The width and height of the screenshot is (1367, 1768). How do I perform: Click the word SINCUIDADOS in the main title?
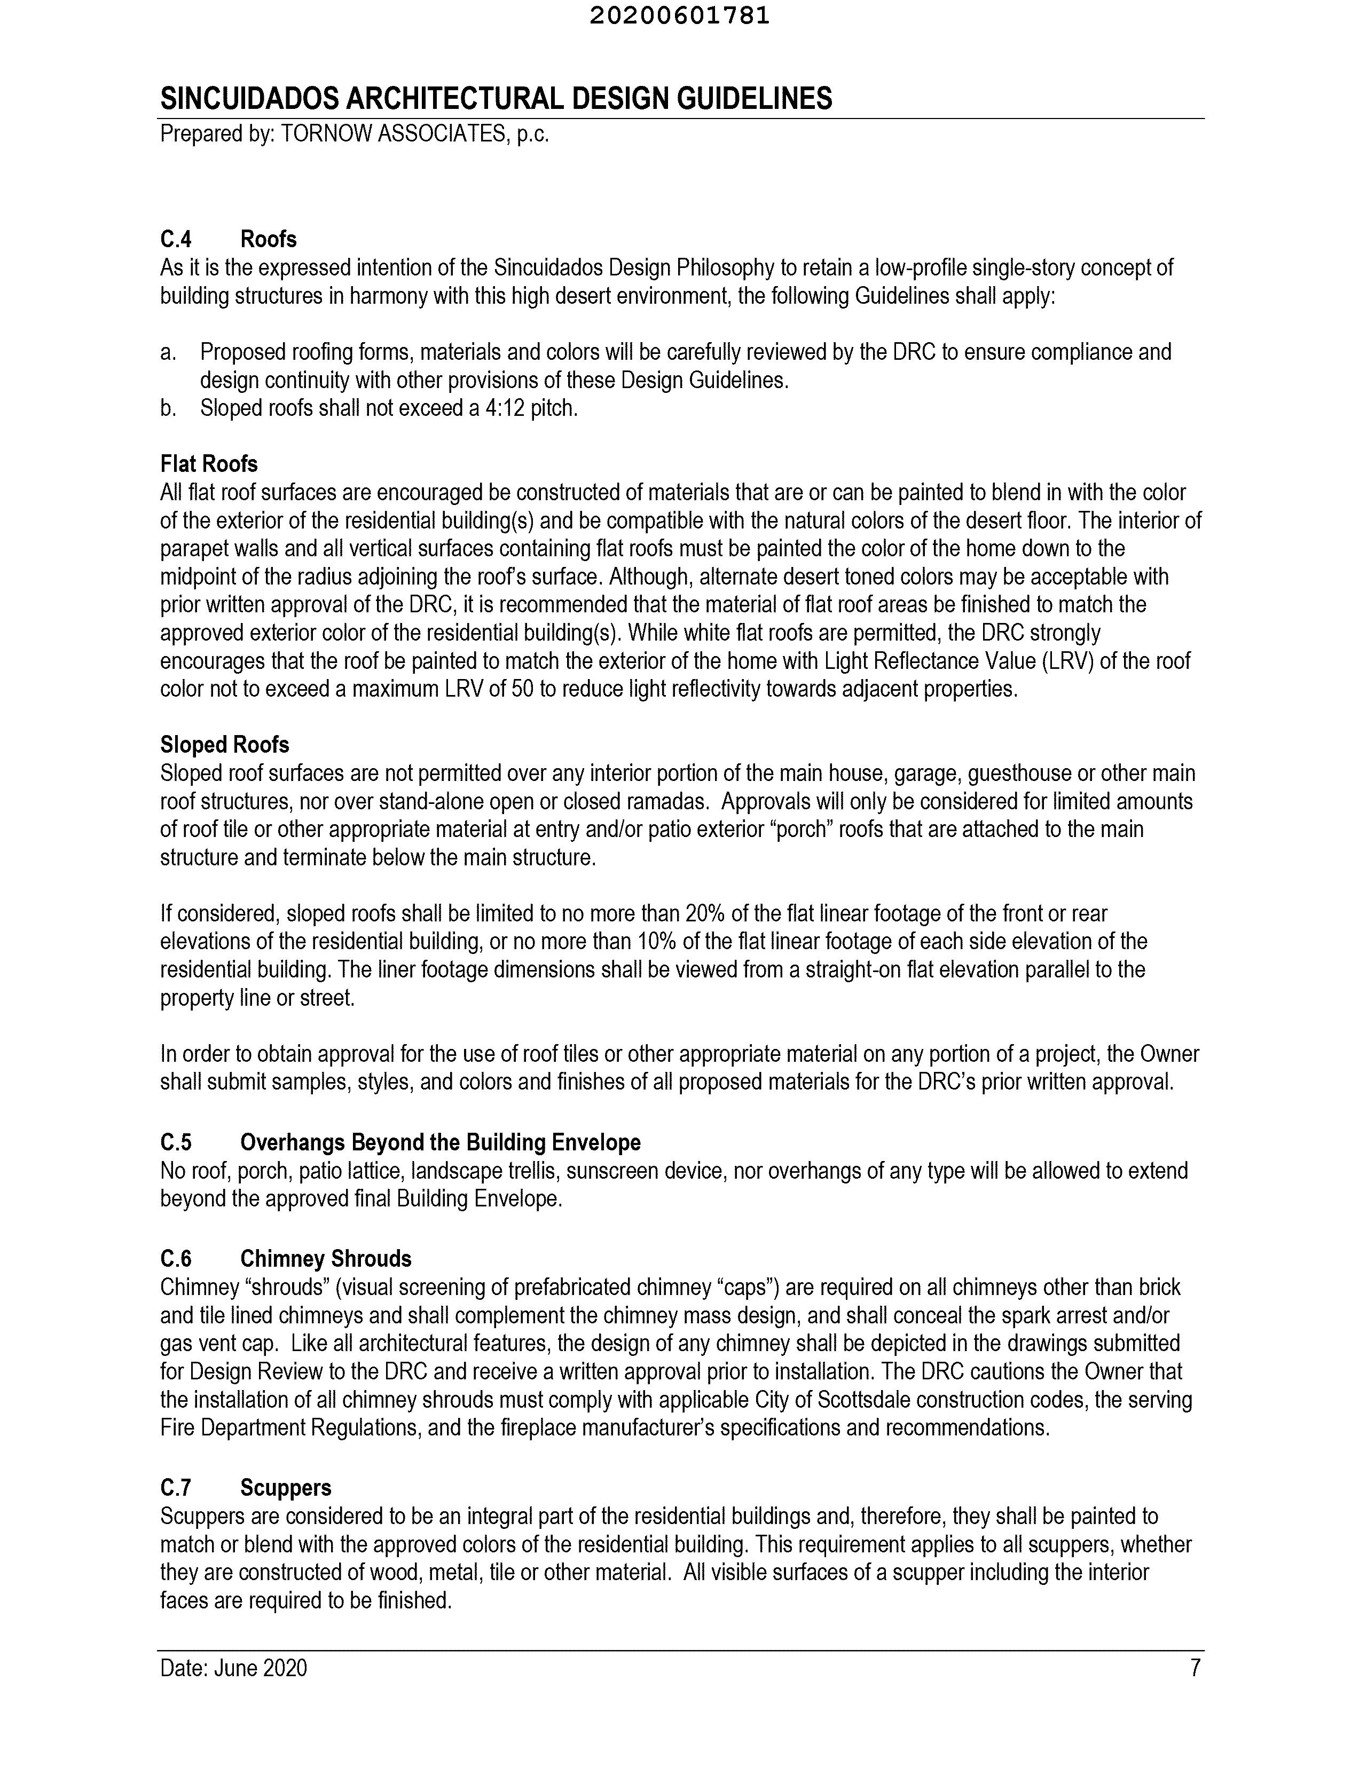coord(249,99)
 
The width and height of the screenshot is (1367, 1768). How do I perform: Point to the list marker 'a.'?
coord(168,352)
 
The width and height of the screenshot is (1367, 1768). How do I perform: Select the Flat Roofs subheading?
coord(209,464)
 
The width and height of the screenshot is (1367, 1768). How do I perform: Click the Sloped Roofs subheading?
coord(224,745)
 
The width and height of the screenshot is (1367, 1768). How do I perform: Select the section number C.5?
coord(176,1142)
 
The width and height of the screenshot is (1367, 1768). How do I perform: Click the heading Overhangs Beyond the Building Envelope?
coord(440,1142)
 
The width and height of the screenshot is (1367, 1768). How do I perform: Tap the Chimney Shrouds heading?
coord(326,1259)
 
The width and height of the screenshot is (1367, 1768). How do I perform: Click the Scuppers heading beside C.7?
coord(285,1488)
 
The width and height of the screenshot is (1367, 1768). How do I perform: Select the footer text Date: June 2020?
coord(233,1668)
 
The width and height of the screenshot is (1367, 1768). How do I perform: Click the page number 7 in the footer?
coord(1195,1668)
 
